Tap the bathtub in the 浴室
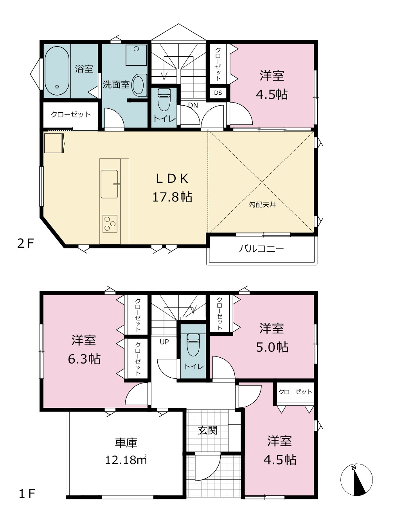click(57, 71)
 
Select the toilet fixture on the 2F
click(164, 99)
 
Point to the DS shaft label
click(218, 93)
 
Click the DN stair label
click(193, 105)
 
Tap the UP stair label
click(164, 342)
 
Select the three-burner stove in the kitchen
click(110, 223)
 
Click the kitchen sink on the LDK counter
click(110, 184)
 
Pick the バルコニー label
click(261, 249)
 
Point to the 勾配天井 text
click(263, 205)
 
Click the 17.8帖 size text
click(172, 197)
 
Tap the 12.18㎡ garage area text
click(126, 460)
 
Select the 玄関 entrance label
click(208, 430)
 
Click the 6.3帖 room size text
click(84, 359)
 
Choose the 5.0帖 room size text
click(272, 347)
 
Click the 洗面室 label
click(116, 85)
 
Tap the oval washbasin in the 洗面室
click(138, 85)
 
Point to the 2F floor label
click(26, 244)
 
